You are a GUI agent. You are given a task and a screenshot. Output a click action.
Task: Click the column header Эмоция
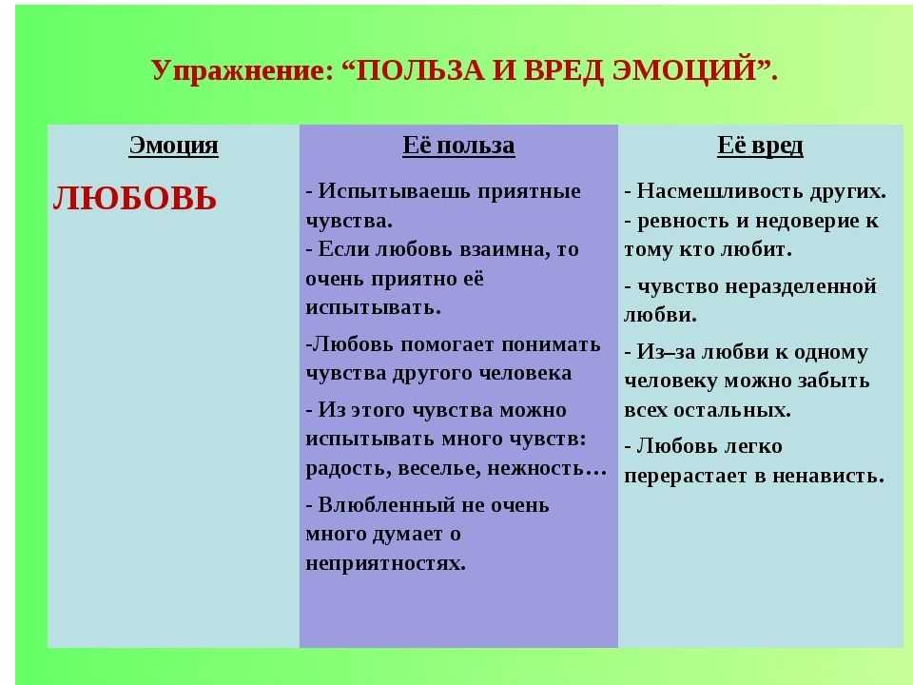click(x=173, y=145)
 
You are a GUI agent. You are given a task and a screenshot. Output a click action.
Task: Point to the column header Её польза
click(x=458, y=145)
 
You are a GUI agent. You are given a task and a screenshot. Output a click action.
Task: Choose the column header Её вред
click(x=760, y=146)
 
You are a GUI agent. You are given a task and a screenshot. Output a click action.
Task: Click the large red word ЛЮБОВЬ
click(x=134, y=198)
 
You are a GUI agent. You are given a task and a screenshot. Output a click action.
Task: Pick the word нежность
click(x=535, y=468)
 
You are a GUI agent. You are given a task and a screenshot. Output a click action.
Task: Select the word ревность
click(x=683, y=222)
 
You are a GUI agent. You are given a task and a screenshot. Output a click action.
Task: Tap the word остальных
click(x=732, y=410)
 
